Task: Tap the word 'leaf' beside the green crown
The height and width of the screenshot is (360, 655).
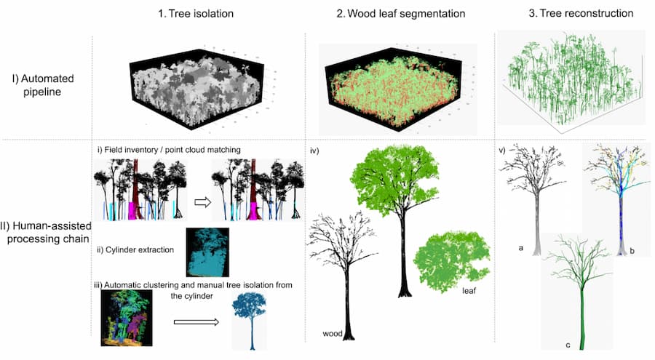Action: pos(469,291)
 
